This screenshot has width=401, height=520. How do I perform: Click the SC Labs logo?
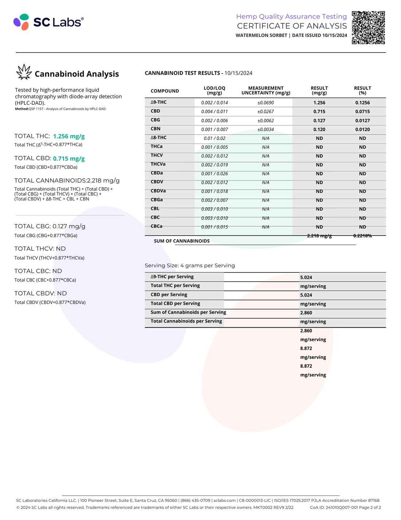48,22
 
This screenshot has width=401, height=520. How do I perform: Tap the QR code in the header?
368,27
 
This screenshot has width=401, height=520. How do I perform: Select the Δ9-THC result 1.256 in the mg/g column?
319,103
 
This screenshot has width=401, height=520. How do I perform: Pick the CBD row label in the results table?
155,111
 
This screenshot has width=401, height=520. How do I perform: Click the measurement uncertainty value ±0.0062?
265,121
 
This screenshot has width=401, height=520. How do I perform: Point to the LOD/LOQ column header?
214,90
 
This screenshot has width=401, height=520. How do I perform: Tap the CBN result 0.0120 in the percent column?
362,130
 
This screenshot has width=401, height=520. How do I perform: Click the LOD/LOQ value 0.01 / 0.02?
214,138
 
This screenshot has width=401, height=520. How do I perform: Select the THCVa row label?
158,164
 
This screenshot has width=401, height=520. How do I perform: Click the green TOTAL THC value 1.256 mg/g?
69,136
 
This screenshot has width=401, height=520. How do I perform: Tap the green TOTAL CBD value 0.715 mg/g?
69,158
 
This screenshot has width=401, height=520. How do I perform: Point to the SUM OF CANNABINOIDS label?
182,241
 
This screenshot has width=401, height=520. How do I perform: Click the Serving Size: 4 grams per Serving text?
190,265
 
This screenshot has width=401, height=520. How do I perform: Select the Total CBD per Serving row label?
175,303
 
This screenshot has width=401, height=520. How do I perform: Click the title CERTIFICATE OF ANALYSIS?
292,26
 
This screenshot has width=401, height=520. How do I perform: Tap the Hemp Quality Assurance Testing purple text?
291,16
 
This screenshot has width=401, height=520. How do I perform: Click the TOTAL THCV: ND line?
40,249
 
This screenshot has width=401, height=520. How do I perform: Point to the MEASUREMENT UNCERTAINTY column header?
266,90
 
